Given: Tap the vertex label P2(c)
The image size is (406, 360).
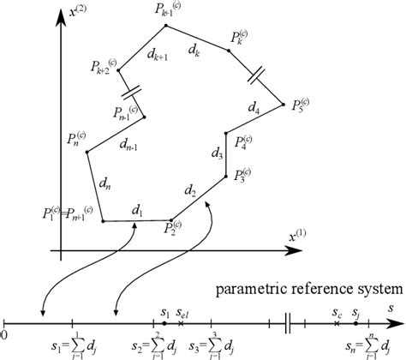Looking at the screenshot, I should pyautogui.click(x=175, y=228).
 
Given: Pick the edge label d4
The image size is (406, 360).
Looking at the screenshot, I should pyautogui.click(x=253, y=108).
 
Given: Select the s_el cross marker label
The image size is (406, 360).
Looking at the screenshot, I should pyautogui.click(x=182, y=315).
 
